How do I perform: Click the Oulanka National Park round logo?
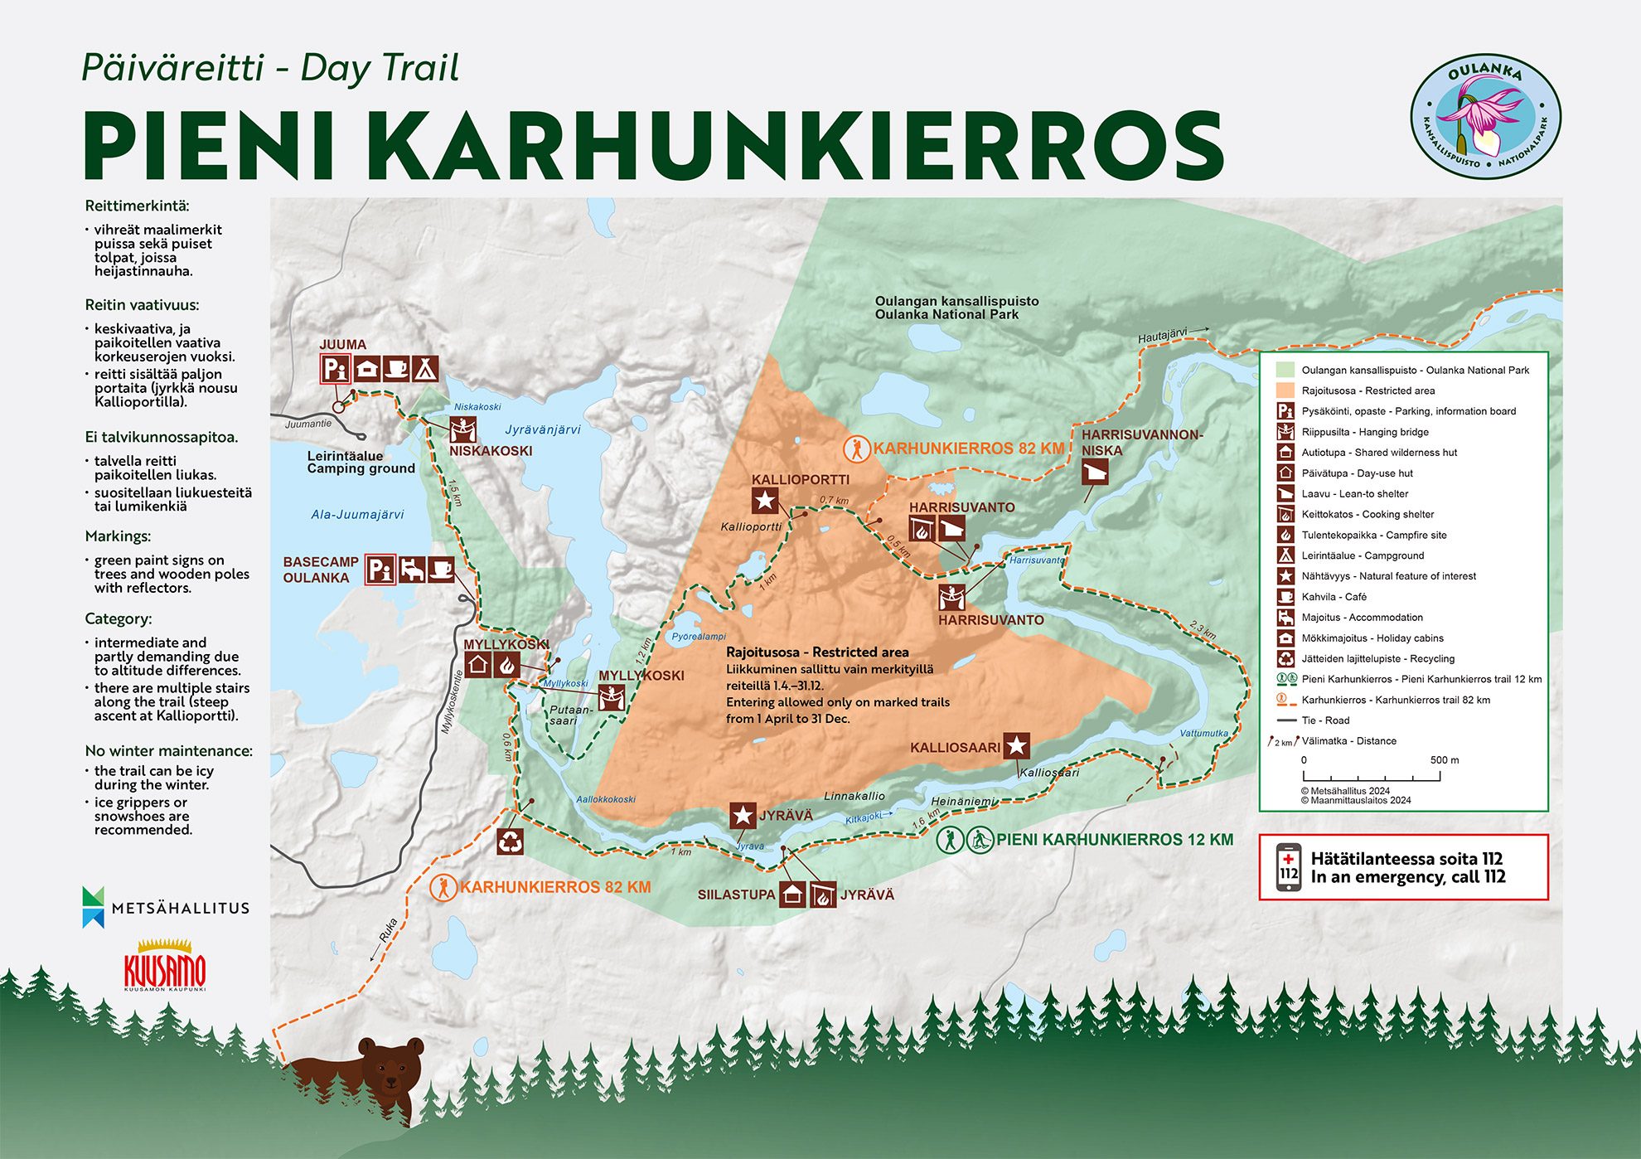click(1485, 117)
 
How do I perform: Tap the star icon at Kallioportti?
click(764, 501)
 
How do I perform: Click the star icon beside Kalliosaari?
click(1017, 746)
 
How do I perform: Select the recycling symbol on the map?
click(511, 841)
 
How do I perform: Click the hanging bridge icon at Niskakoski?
click(462, 429)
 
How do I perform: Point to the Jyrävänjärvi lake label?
click(543, 429)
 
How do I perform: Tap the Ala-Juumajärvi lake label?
click(357, 514)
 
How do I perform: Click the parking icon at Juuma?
click(335, 368)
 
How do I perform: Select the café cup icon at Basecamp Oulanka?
click(441, 570)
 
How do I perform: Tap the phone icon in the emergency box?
click(1288, 867)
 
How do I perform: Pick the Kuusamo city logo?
click(164, 967)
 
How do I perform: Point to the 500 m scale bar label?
click(1444, 760)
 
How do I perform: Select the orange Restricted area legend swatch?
click(1285, 390)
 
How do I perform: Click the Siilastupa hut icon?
click(792, 895)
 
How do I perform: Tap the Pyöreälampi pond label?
click(699, 637)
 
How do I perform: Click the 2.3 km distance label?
click(1203, 630)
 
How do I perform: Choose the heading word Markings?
click(118, 536)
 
